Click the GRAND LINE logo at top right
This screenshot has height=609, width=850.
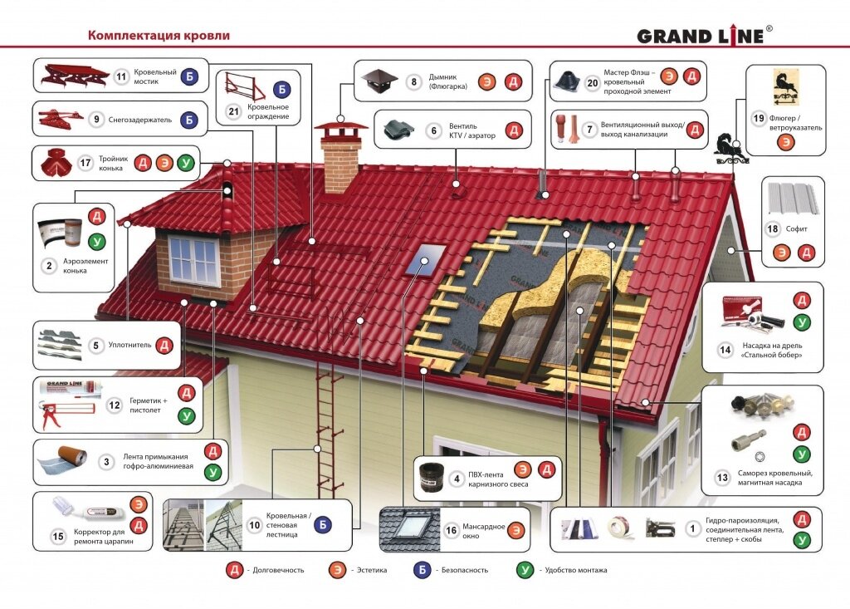pos(705,35)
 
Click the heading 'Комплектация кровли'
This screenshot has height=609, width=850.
pos(159,35)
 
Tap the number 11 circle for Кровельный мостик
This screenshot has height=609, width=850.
pos(121,76)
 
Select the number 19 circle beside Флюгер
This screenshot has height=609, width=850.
pos(759,118)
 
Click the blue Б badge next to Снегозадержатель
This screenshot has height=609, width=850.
pos(188,120)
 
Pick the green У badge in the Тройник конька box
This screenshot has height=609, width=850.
pos(186,163)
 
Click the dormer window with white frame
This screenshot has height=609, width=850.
pos(193,259)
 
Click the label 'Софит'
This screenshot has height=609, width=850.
pos(796,228)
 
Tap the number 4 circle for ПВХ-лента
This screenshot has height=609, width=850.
pos(457,479)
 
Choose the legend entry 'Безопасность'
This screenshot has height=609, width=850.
pos(465,570)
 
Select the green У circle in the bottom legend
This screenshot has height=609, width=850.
pos(525,570)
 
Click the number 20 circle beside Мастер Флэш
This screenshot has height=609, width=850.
pos(592,82)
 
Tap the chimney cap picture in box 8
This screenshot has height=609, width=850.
pos(379,81)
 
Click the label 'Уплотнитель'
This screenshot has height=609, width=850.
pos(129,345)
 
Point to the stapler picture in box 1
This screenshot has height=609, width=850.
pos(660,528)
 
